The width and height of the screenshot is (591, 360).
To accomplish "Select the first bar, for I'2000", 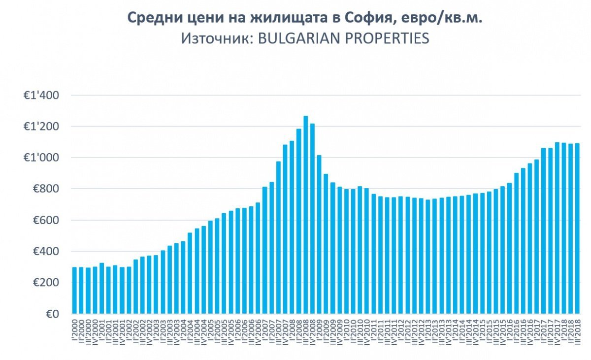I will click(75, 290).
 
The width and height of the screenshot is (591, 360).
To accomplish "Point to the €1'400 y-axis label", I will click(41, 96).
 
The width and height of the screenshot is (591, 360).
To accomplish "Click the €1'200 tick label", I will click(41, 127).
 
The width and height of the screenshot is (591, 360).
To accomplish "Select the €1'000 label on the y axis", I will click(41, 158).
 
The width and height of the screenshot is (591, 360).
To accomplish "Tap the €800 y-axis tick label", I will click(45, 189).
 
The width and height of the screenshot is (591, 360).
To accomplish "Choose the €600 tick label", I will click(45, 220).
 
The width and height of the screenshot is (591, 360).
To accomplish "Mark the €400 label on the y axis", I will click(45, 252).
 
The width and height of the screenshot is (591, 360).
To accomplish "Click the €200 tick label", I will click(45, 283).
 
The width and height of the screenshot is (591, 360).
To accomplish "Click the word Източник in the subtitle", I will click(216, 38).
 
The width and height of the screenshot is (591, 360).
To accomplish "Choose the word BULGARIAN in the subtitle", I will click(298, 38).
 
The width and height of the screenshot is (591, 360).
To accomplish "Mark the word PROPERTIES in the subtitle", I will click(388, 38).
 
